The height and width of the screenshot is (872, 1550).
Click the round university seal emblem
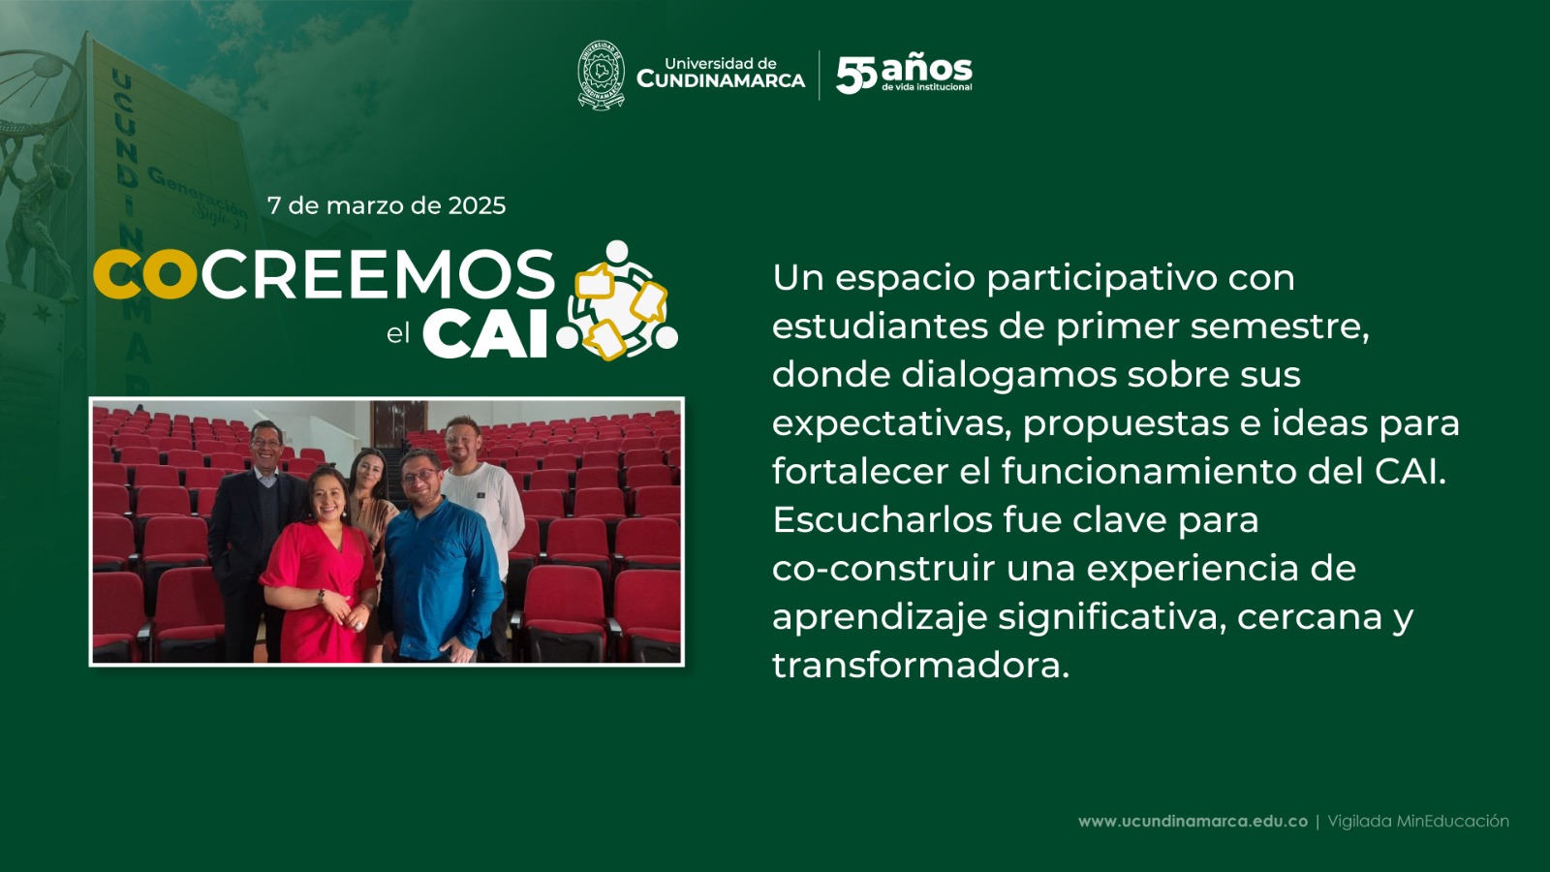coord(601,76)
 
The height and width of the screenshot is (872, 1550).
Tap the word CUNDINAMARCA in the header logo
coord(721,80)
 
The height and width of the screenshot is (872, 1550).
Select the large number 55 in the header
coord(856,75)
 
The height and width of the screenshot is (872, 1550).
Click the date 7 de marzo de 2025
coord(387,205)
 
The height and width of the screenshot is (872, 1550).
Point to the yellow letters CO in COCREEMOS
coord(145,274)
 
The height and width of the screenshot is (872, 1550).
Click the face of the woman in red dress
coord(327,496)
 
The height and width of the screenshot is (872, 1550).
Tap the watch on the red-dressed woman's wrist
coord(322,595)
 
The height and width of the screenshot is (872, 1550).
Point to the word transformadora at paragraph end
coord(921,665)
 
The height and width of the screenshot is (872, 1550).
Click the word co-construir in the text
coord(883,568)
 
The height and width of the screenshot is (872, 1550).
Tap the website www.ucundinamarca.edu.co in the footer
coord(1193,822)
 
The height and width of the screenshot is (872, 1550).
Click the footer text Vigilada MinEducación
coord(1418,822)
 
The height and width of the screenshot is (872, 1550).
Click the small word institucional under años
coord(945,87)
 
